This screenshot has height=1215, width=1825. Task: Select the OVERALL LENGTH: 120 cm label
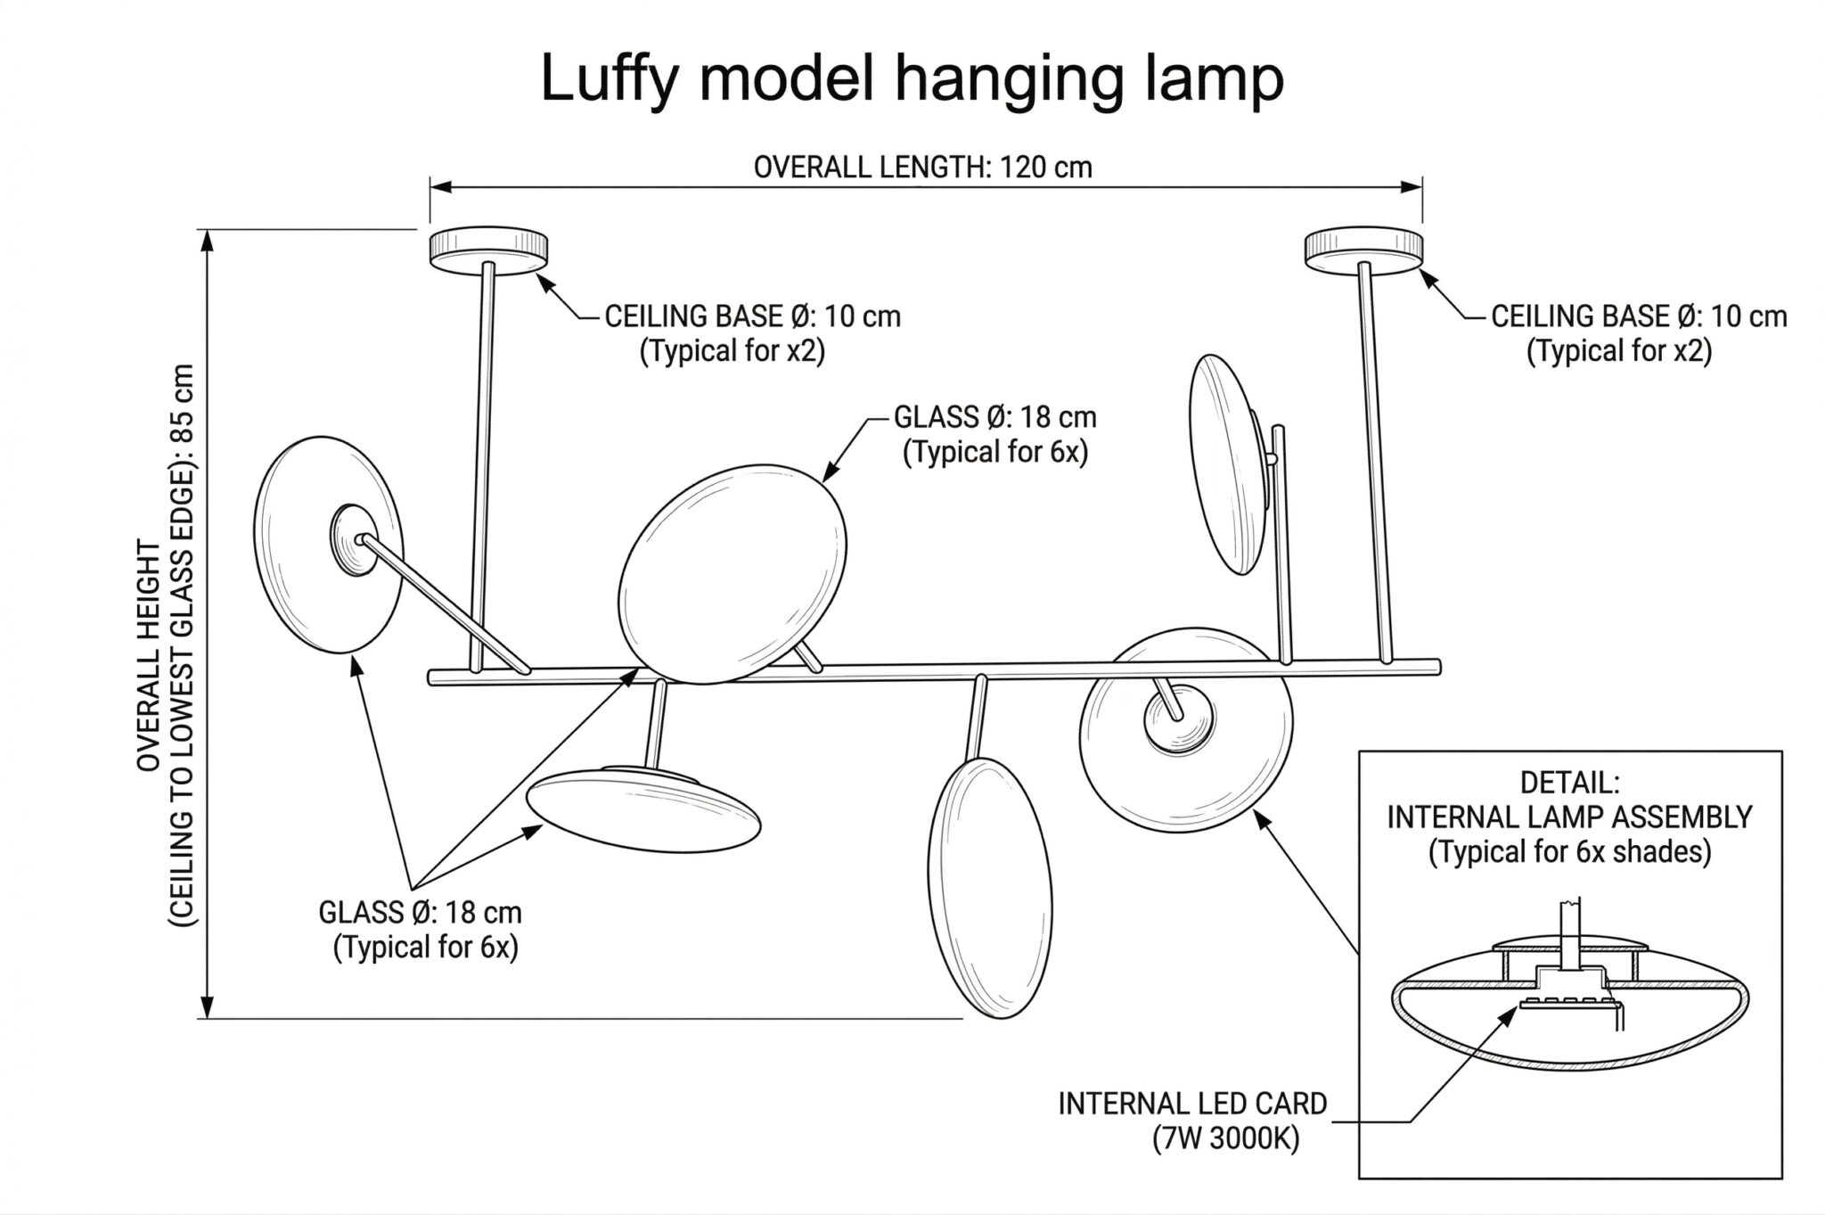point(923,167)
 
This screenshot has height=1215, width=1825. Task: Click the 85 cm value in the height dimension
point(183,402)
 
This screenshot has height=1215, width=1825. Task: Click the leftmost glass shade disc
point(328,545)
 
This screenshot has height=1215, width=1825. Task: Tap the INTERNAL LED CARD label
point(1192,1104)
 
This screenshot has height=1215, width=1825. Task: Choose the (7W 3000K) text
point(1225,1138)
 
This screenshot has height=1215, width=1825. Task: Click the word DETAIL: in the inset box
point(1569,783)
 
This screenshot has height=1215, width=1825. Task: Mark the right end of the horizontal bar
point(1439,666)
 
